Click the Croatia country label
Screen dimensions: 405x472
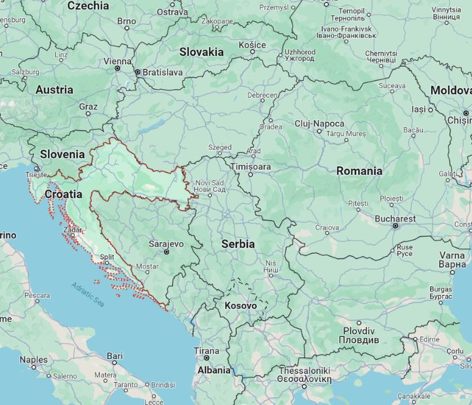(x=63, y=194)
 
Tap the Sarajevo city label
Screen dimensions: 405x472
(x=166, y=244)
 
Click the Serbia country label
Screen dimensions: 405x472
(x=238, y=244)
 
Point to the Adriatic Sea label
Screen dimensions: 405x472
(x=88, y=296)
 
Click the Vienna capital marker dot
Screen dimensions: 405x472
(x=117, y=68)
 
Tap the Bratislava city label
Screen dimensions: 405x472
(x=162, y=72)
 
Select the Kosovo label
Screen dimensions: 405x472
(x=240, y=306)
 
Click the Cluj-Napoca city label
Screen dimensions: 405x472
(x=319, y=124)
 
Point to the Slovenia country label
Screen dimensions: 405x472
(x=62, y=154)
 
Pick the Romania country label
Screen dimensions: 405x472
(x=359, y=171)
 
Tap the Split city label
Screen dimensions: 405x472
(x=107, y=257)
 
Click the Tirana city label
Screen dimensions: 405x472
(x=206, y=351)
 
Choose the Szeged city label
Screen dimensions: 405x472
(x=219, y=146)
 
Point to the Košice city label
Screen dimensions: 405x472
(x=252, y=45)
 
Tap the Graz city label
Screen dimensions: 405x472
(x=88, y=107)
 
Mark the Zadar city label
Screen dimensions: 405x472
(x=73, y=230)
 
